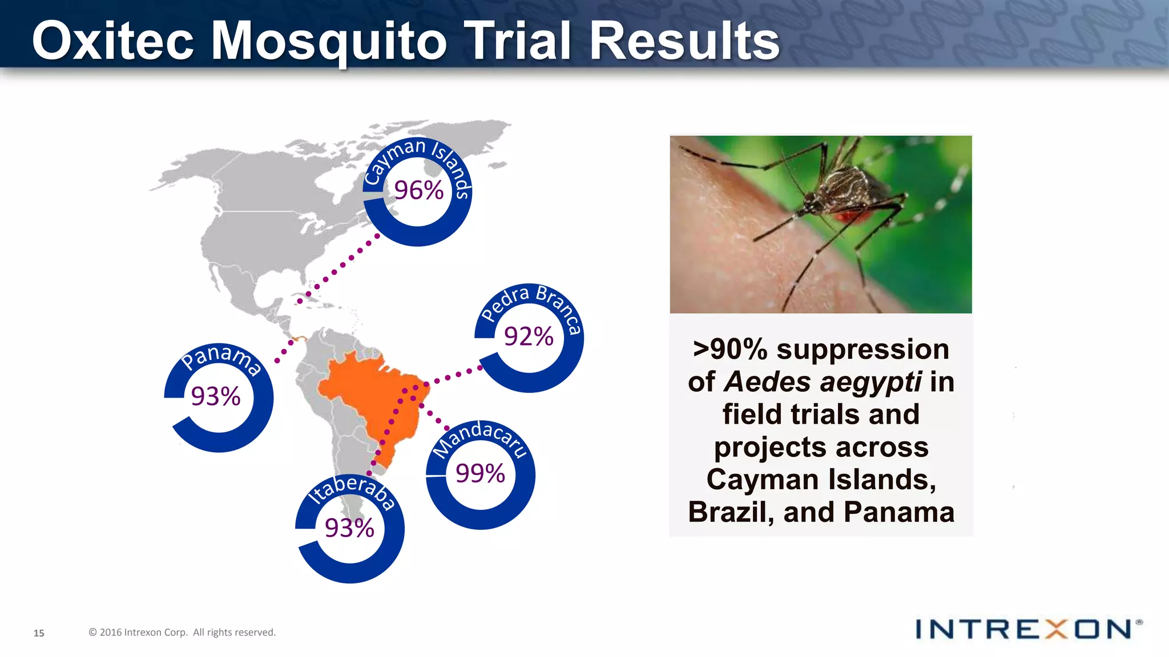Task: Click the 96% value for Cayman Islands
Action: click(x=418, y=190)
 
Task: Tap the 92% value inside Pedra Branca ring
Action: click(x=529, y=336)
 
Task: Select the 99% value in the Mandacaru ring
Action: click(x=480, y=473)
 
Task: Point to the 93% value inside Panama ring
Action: click(x=216, y=396)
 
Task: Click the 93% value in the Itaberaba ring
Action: click(x=349, y=528)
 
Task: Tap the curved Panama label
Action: click(x=221, y=358)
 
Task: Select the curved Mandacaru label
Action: click(x=479, y=437)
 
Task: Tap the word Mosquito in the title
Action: click(x=329, y=41)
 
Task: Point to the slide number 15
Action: click(x=39, y=633)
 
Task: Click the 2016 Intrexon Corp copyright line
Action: click(x=182, y=632)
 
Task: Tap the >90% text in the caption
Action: click(x=729, y=349)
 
